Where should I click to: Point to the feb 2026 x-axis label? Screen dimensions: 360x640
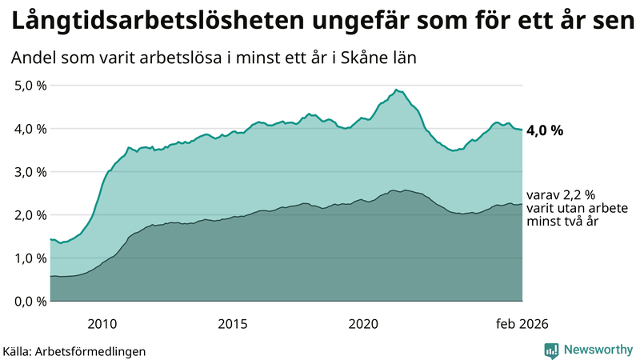522,323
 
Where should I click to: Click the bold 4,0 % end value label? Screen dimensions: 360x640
546,130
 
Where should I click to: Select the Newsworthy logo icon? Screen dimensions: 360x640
551,350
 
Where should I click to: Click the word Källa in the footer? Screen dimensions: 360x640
18,350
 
